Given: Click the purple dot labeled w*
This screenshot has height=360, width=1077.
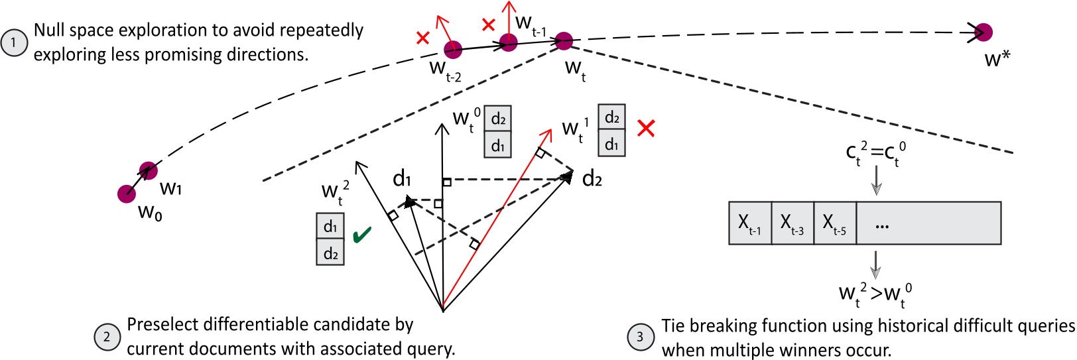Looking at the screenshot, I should (x=983, y=32).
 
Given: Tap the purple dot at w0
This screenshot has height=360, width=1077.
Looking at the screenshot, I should (x=127, y=194).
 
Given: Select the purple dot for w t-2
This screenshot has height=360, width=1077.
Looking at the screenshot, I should (x=453, y=49).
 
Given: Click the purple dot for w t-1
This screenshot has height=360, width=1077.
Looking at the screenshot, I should (x=509, y=43).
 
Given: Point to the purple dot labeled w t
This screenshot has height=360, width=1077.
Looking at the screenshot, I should (x=564, y=40).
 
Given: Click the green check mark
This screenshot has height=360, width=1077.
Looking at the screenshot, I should (x=362, y=235).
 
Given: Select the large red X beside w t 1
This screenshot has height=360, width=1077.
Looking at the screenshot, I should (x=645, y=128).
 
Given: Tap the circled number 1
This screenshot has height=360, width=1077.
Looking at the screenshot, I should (x=14, y=43).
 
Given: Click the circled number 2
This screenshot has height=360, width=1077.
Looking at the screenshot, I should (x=107, y=337).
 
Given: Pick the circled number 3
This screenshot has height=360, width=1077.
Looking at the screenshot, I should (x=640, y=337).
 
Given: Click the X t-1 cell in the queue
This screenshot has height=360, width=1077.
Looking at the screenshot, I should (x=750, y=223).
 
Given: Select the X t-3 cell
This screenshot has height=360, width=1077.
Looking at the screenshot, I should (x=792, y=223).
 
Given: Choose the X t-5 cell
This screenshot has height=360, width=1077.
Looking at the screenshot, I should (x=835, y=223).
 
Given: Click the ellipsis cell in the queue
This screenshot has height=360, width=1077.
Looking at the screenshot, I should (x=928, y=223).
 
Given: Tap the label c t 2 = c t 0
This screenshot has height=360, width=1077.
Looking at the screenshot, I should (x=875, y=153).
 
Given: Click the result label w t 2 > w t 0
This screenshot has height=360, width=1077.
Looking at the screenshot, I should (x=875, y=294).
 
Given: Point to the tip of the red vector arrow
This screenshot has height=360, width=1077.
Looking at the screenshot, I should (x=550, y=131).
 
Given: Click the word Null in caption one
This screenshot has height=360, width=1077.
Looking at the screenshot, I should (x=49, y=30).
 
